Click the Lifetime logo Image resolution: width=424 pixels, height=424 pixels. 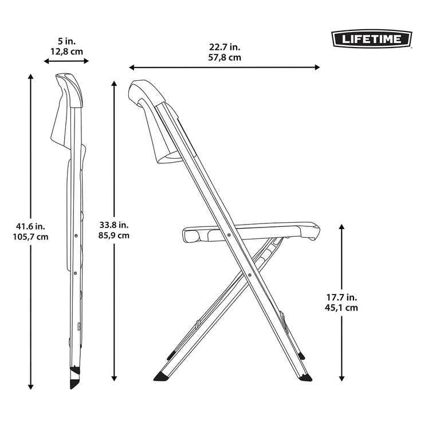372,39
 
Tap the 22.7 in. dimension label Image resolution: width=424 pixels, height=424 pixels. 223,47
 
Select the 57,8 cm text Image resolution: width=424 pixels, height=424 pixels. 223,57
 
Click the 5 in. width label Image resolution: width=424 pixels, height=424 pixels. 66,41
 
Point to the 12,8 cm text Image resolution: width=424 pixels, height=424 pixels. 66,51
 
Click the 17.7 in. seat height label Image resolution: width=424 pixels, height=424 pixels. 341,297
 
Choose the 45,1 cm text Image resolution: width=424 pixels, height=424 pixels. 341,307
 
